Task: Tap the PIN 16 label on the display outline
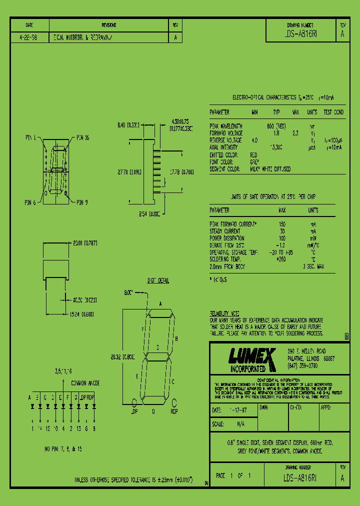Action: coord(82,137)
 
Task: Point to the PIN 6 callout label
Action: coord(30,202)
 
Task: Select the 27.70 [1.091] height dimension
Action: coord(129,171)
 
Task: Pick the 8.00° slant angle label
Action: coord(129,292)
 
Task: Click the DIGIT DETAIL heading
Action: coord(157,280)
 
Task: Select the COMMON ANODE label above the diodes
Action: coord(85,383)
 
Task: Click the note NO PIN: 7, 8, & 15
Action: coord(63,449)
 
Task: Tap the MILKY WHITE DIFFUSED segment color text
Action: coord(270,169)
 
